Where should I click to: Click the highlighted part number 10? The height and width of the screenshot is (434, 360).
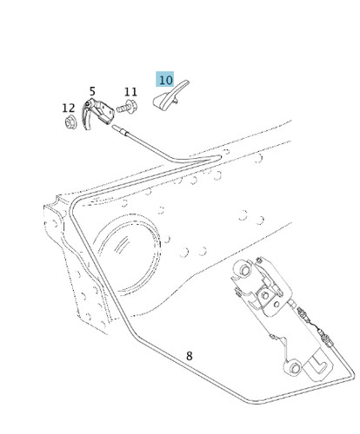[165, 80]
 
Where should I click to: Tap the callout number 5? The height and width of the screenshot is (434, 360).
[92, 91]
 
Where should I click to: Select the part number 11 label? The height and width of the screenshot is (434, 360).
[130, 92]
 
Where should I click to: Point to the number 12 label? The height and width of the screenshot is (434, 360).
[69, 108]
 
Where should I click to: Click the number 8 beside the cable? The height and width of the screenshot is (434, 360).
[189, 356]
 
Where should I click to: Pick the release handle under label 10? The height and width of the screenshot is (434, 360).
[170, 95]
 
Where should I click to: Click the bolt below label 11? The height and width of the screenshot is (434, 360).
[127, 107]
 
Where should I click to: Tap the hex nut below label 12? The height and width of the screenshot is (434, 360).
[70, 122]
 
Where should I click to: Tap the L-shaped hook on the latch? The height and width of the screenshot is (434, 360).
[318, 365]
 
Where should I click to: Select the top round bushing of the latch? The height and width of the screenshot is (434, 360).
[244, 270]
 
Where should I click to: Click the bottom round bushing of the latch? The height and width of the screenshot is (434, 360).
[293, 367]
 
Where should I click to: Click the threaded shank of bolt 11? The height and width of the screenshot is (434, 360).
[122, 108]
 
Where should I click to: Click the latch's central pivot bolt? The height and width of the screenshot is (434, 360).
[264, 295]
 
